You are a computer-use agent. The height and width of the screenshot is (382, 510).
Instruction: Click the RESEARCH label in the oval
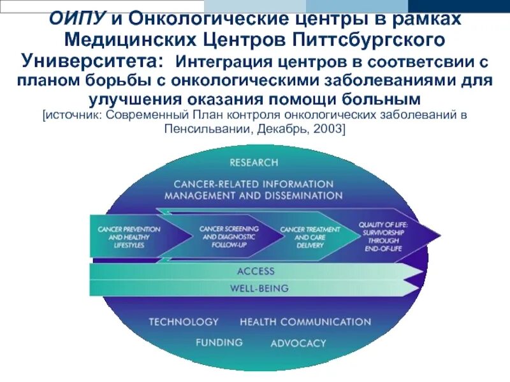(254, 162)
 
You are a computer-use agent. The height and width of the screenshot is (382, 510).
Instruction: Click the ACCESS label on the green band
(255, 271)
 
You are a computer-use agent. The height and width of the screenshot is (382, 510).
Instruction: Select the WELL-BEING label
(259, 288)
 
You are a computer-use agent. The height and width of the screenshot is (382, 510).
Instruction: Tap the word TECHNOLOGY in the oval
(184, 322)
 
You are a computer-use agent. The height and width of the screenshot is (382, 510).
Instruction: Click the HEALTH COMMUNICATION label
(305, 322)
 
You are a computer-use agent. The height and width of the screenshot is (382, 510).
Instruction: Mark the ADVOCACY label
(298, 343)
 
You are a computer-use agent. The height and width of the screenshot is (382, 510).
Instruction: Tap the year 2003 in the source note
(329, 129)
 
